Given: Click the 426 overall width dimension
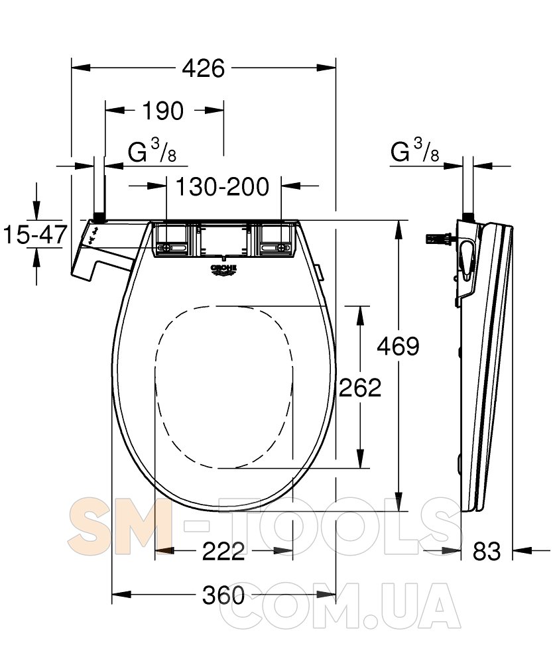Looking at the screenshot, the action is point(203,68).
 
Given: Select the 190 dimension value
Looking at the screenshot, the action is point(162,111).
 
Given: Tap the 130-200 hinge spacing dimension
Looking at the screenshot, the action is point(222,186).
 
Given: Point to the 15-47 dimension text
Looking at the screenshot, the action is point(35,234).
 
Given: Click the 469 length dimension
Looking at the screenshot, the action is point(398,346).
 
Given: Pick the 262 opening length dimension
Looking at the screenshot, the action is point(360,387).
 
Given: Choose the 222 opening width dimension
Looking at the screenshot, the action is point(223,551).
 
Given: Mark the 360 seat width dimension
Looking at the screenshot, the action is point(223,595).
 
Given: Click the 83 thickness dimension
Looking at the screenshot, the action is point(487,551).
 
